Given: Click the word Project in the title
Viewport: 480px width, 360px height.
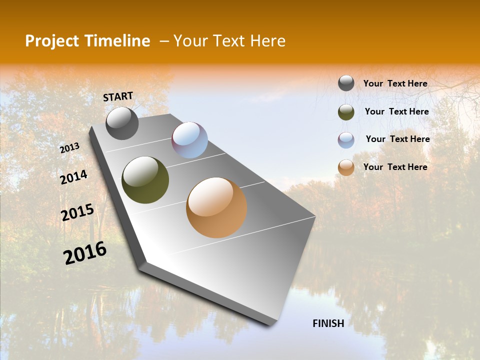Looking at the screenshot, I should [49, 41].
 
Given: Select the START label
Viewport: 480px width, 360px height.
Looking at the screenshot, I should [118, 96].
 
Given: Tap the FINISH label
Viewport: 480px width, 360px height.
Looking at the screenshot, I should [328, 323].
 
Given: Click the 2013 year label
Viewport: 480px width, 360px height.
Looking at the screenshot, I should [70, 148].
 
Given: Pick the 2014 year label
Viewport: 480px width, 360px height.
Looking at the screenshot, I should [74, 177].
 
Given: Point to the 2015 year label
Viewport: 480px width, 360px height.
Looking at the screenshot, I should [77, 212].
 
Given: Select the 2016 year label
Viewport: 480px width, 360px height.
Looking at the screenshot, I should [85, 253].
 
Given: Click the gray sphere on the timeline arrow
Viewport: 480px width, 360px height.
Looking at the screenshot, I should [122, 123].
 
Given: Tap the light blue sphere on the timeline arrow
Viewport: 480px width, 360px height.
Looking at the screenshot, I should [189, 140].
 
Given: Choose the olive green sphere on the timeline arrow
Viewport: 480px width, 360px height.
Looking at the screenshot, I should [145, 180].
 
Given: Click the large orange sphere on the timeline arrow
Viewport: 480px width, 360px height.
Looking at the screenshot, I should [216, 207].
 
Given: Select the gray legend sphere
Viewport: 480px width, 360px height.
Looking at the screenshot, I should [346, 83].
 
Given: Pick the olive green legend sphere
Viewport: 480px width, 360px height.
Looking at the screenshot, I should [346, 112].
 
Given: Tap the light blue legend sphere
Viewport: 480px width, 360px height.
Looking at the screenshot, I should [346, 140].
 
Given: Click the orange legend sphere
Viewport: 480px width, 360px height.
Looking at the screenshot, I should [346, 168].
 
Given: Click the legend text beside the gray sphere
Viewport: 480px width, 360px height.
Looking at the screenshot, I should [395, 83].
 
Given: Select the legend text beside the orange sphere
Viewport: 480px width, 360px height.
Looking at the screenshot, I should [395, 167].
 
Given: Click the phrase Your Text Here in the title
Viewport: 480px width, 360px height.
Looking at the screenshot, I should [229, 41].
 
